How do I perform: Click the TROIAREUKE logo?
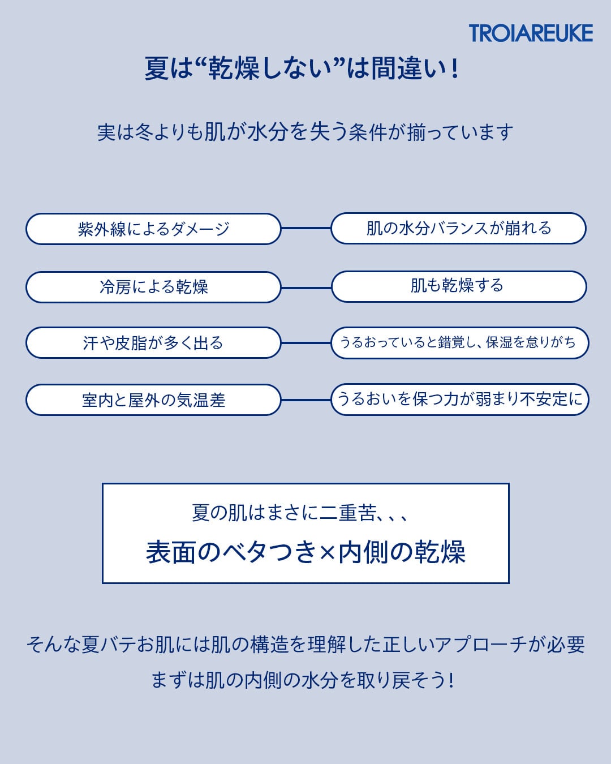[x=531, y=33]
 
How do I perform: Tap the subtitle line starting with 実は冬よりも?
[x=305, y=132]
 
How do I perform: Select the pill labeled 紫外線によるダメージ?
[x=153, y=229]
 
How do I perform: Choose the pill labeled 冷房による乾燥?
[x=153, y=287]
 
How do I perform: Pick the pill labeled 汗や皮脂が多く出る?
[x=153, y=343]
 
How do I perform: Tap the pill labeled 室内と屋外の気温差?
[x=153, y=400]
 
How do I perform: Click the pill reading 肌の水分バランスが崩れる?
[x=458, y=228]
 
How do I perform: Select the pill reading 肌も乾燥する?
[x=458, y=286]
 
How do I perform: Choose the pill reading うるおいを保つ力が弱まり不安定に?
[x=459, y=400]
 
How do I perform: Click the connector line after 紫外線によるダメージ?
[x=306, y=228]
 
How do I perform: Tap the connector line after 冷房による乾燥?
[x=306, y=287]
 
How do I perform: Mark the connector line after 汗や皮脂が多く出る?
[x=306, y=343]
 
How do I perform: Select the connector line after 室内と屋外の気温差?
[x=306, y=400]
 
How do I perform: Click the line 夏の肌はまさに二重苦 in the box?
[x=300, y=513]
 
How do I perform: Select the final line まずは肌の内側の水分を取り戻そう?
[x=303, y=680]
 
